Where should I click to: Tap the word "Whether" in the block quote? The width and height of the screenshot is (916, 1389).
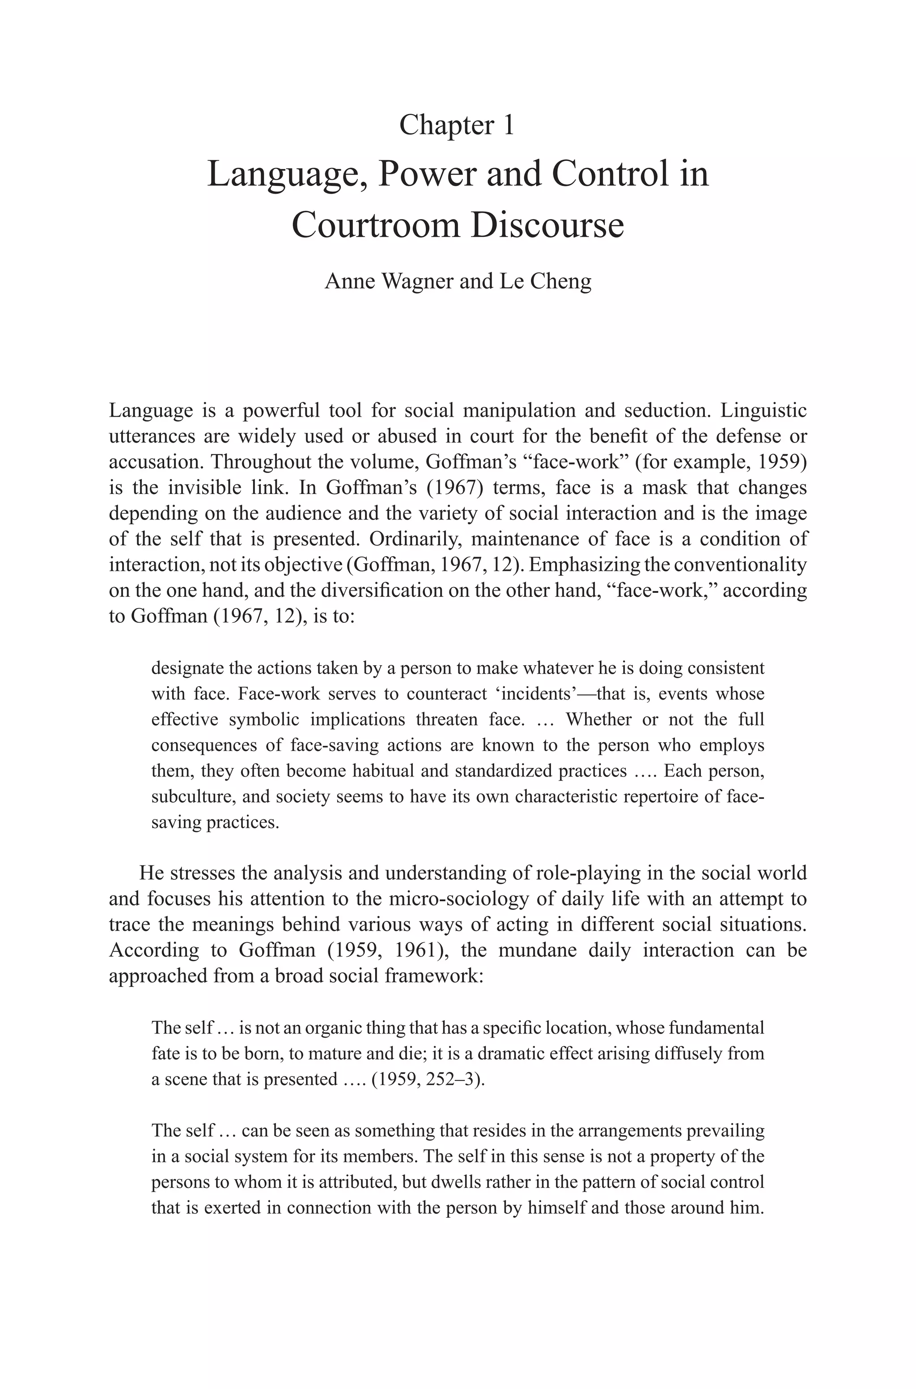point(598,719)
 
